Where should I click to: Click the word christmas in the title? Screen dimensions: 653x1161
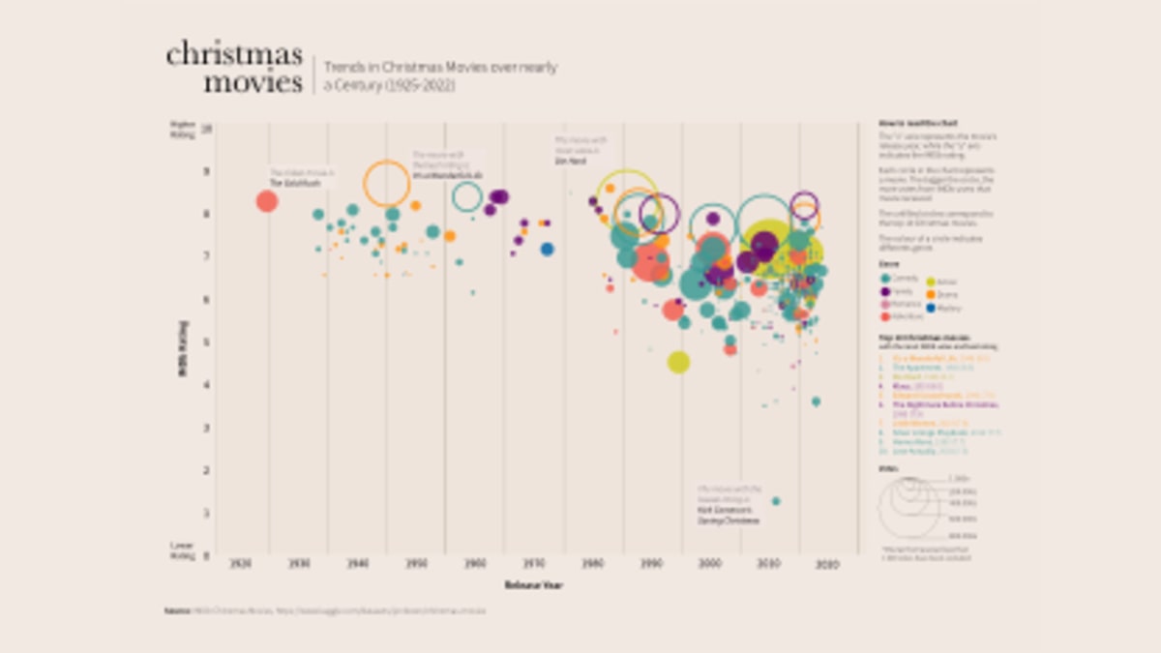234,54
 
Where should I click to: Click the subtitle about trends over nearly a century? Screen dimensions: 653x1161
440,76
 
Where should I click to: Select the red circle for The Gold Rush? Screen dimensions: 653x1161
267,201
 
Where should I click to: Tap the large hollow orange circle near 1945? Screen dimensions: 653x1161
386,183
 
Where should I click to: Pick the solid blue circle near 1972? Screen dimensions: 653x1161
547,250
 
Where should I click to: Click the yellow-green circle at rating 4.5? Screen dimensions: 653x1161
678,362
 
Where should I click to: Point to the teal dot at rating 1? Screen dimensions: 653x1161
776,501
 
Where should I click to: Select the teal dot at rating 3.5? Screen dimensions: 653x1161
816,401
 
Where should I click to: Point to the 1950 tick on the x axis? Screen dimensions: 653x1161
417,564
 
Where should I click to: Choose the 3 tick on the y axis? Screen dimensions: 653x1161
206,427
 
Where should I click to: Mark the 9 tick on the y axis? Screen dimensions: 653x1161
206,170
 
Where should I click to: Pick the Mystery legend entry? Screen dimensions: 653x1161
944,308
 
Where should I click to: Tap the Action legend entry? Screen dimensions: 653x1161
944,281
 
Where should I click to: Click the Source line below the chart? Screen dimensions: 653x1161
325,611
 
